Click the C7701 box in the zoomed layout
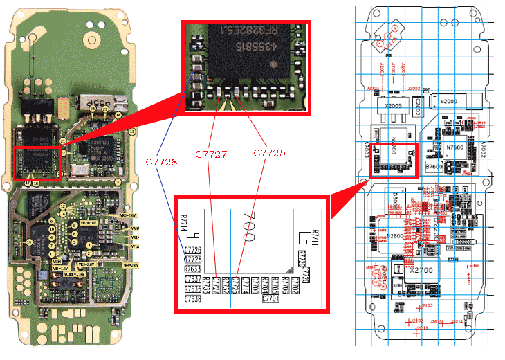click(270, 299)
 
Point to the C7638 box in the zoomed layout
click(193, 299)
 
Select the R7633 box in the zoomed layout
click(193, 269)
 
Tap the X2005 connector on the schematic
click(393, 106)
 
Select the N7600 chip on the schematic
click(454, 147)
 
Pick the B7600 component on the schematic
click(434, 167)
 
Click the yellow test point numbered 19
click(29, 242)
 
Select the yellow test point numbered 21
click(62, 141)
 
